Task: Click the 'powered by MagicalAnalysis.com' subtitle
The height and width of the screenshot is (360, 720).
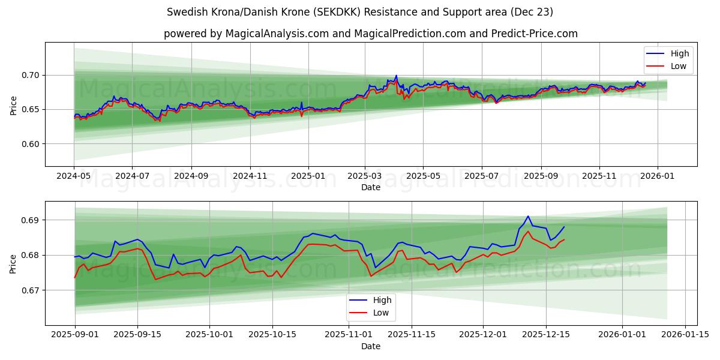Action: pyautogui.click(x=370, y=34)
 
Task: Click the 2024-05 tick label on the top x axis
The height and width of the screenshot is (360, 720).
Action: pyautogui.click(x=74, y=176)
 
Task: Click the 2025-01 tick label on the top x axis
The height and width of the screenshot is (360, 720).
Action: pyautogui.click(x=308, y=176)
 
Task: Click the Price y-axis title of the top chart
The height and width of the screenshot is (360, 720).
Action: pyautogui.click(x=13, y=104)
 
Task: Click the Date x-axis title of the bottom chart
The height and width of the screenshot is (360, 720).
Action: pyautogui.click(x=370, y=346)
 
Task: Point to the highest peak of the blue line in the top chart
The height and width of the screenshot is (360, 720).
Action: pyautogui.click(x=396, y=76)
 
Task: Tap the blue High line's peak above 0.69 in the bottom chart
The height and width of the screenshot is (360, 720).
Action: pyautogui.click(x=528, y=216)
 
